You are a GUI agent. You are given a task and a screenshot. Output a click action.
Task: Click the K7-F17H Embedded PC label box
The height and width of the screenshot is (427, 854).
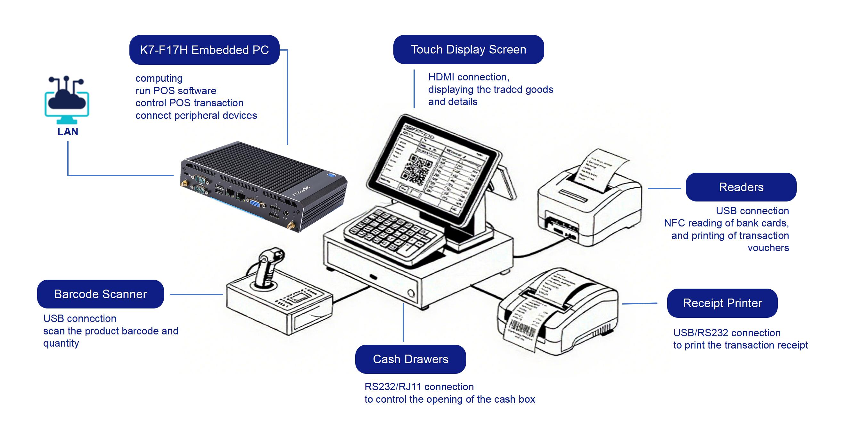[x=204, y=50]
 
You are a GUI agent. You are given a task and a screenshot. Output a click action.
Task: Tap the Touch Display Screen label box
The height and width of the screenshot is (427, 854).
[x=468, y=49]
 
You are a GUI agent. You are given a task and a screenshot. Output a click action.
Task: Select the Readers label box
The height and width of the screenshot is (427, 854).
[x=741, y=187]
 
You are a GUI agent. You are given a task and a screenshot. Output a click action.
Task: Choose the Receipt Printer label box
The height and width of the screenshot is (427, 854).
[x=722, y=303]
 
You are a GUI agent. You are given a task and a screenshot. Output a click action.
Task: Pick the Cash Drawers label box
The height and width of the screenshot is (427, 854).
[x=410, y=359]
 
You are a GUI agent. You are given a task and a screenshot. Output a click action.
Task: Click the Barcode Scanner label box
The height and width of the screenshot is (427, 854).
[x=100, y=294]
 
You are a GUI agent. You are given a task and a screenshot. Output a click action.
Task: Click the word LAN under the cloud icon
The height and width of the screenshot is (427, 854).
[x=68, y=132]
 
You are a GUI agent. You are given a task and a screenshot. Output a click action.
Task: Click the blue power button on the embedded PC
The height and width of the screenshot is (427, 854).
[x=331, y=175]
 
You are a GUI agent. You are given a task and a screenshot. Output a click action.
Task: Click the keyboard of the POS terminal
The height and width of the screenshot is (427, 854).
[x=391, y=232]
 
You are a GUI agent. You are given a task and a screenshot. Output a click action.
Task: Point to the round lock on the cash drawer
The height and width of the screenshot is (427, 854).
[x=411, y=293]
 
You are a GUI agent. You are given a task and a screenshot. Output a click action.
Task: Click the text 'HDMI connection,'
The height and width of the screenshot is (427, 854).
[x=468, y=77]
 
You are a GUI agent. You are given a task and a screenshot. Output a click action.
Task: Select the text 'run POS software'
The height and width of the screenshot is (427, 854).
[x=176, y=91]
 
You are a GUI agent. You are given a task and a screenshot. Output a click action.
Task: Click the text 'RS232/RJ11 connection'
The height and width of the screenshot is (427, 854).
[x=419, y=387]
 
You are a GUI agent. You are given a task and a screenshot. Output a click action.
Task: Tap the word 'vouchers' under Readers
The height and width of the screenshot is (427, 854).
[x=768, y=248]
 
